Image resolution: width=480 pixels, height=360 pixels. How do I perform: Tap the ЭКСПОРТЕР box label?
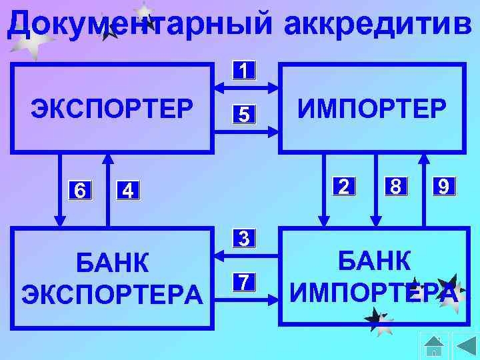[112, 107]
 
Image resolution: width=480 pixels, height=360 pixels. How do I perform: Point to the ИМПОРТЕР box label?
[372, 107]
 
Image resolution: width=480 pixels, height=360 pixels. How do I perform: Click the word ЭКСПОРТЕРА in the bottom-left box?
[112, 294]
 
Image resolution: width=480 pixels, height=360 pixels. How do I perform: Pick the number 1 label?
[245, 70]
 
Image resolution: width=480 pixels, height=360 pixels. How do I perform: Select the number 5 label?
[245, 115]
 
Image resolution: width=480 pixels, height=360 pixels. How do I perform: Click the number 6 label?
[79, 191]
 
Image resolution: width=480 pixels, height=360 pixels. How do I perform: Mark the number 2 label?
[343, 186]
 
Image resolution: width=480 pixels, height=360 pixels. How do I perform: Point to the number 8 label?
[395, 186]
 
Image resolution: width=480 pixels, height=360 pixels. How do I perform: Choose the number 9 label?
[444, 186]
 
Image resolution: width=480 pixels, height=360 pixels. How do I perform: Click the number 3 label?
[245, 238]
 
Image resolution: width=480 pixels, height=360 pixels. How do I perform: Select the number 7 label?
[245, 282]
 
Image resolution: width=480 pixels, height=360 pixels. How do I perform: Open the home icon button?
[433, 346]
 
